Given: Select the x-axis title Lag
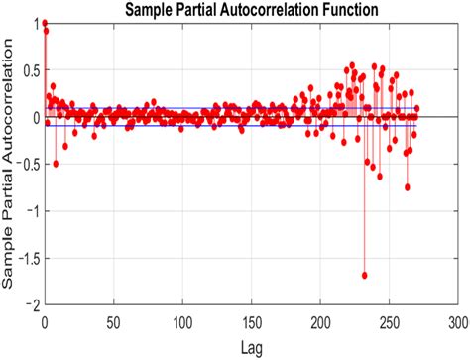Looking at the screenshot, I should pos(250,347).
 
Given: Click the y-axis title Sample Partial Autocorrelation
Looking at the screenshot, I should pos(11,163).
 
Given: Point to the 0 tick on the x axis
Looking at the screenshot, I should pos(45,322).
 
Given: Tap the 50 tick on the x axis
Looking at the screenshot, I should pos(113,322).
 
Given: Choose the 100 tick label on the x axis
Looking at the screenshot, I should pos(181,322).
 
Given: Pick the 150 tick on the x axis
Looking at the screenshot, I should pos(251,322).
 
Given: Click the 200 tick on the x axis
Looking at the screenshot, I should pos(320,322).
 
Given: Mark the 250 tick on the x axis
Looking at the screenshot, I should pos(389,322).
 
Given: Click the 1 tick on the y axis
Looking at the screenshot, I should pos(33,23).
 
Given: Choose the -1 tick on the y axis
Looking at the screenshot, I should pos(31,211).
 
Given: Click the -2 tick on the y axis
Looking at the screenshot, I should pos(31,304).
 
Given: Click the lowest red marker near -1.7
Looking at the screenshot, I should pos(365,275).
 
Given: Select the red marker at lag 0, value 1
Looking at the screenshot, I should pos(45,23).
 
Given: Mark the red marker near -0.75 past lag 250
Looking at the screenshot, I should pos(408,186).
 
